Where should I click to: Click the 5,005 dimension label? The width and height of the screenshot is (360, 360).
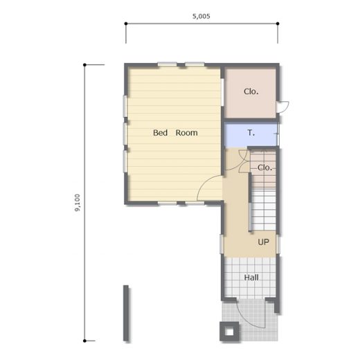pos(201,16)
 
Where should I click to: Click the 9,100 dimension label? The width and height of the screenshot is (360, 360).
pos(78,203)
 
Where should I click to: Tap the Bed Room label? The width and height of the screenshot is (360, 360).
pos(175,133)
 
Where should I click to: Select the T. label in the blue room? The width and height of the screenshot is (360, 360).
pos(251,133)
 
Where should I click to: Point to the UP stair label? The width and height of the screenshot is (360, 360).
pos(263,242)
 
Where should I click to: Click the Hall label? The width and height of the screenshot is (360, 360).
pos(251,278)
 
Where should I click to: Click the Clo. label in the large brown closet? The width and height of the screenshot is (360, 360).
pos(251,91)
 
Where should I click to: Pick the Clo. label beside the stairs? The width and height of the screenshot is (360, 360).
pos(264,168)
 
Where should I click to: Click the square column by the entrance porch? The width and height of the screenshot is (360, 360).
pos(229,332)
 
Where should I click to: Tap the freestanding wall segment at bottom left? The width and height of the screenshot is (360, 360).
pos(126,313)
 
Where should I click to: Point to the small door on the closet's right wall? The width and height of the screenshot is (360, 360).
pos(283,107)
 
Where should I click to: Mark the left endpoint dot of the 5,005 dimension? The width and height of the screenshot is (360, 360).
pos(126,24)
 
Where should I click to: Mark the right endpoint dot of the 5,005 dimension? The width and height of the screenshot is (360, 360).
pos(278,24)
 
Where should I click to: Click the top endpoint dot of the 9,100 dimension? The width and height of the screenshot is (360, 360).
pos(84,65)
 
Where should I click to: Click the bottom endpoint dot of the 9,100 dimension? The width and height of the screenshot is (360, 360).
pos(84,341)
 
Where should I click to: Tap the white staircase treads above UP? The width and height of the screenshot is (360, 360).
pos(264,210)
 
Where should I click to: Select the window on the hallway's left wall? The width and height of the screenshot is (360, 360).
pos(222,244)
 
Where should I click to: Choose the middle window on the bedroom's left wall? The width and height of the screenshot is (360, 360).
pos(125,134)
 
